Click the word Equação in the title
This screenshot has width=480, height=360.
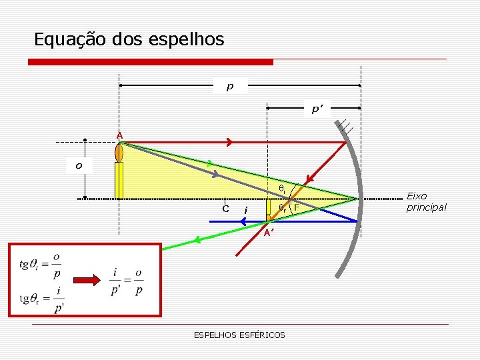click(x=63, y=39)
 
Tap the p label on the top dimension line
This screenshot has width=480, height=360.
click(x=230, y=86)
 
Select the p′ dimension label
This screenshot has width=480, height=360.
click(x=317, y=109)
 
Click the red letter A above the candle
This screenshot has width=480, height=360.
click(x=119, y=135)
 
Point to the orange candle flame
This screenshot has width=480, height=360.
click(x=119, y=153)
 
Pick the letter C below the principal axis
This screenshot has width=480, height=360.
click(x=226, y=209)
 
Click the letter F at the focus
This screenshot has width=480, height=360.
click(x=297, y=209)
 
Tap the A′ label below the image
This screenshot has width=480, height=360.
click(x=267, y=233)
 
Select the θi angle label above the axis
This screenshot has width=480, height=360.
click(x=282, y=191)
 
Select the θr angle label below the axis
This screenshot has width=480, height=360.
click(x=283, y=208)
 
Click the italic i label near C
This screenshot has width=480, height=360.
click(x=246, y=211)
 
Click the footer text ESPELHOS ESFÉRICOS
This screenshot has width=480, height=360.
click(x=239, y=335)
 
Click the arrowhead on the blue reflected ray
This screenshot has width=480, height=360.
click(x=244, y=221)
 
